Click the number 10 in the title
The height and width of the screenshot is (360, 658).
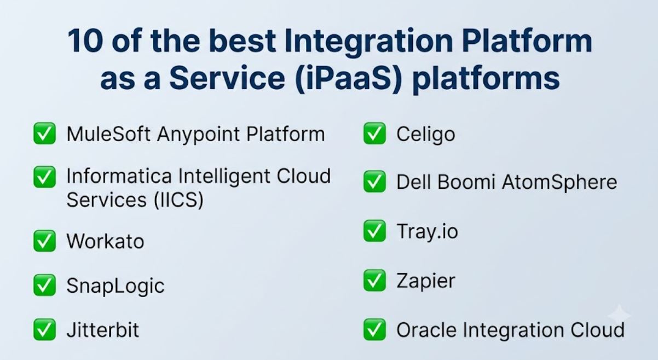(x=85, y=41)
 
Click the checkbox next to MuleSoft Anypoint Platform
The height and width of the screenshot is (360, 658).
(x=44, y=133)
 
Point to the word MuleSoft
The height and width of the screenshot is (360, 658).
(x=109, y=134)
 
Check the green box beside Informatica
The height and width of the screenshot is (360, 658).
(x=44, y=177)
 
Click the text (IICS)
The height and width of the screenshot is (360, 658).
(x=178, y=200)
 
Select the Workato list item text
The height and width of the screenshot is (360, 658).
(x=106, y=241)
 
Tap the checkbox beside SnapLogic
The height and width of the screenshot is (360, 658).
(x=44, y=285)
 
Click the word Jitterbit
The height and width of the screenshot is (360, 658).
(x=103, y=330)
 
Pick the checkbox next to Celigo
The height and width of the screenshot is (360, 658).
(x=374, y=133)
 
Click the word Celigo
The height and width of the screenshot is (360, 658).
(x=426, y=135)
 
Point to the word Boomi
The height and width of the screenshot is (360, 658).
(x=466, y=182)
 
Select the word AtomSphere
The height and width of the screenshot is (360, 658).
(x=559, y=183)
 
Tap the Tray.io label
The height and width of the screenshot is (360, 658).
(x=428, y=231)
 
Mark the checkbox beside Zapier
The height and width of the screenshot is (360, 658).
(x=374, y=281)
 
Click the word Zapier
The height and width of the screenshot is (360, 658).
(x=426, y=281)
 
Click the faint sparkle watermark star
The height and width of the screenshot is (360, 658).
(x=619, y=315)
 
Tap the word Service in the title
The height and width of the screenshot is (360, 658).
(x=227, y=78)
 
